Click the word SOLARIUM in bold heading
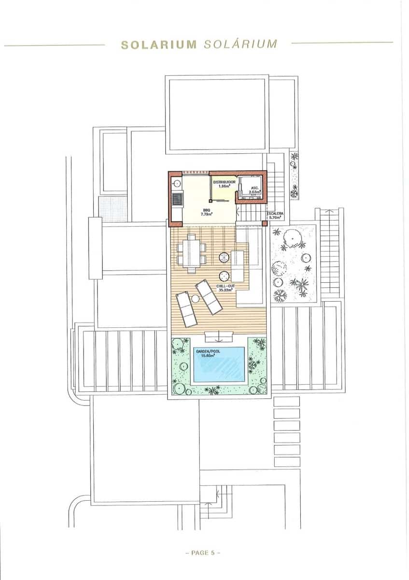pyautogui.click(x=158, y=45)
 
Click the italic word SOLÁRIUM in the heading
pyautogui.click(x=240, y=44)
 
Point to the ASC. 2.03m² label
pyautogui.click(x=254, y=189)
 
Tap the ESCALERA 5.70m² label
pyautogui.click(x=277, y=216)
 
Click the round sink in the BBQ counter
pyautogui.click(x=177, y=183)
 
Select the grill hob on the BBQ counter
pyautogui.click(x=177, y=198)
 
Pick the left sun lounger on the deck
pyautogui.click(x=186, y=309)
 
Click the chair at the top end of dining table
pyautogui.click(x=192, y=237)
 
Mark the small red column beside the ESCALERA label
pyautogui.click(x=264, y=223)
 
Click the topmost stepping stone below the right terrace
pyautogui.click(x=287, y=401)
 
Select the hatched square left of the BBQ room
pyautogui.click(x=112, y=207)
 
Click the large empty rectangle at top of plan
pyautogui.click(x=217, y=114)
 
